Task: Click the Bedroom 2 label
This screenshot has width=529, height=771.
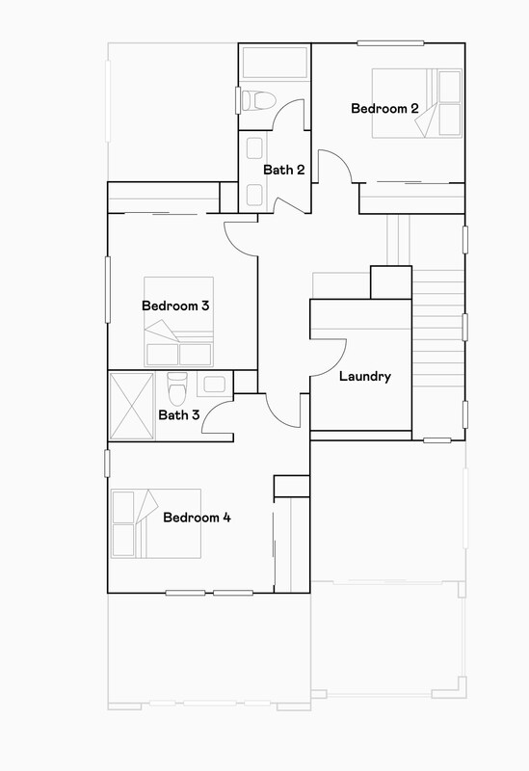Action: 384,109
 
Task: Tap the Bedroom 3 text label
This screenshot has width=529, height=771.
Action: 176,306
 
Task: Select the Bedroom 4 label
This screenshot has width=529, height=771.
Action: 197,518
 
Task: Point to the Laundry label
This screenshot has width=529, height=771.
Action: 365,377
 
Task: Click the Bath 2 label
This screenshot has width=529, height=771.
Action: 284,171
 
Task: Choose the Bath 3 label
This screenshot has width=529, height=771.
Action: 179,415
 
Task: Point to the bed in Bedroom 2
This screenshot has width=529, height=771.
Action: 418,104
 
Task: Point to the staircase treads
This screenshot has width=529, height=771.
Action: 438,328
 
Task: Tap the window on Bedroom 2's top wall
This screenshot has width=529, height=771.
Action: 389,42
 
